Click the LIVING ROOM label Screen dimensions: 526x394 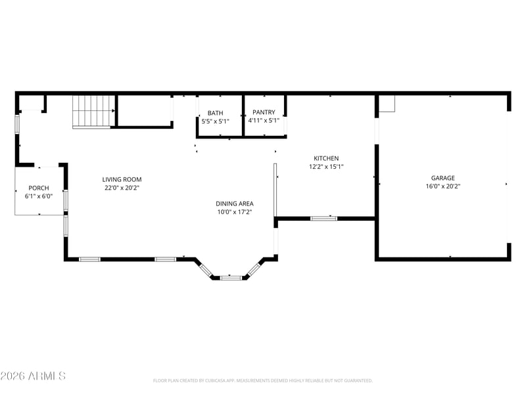[122, 179]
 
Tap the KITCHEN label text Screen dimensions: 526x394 [326, 158]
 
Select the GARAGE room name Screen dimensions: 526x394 [442, 178]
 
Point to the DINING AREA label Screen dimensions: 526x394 [235, 204]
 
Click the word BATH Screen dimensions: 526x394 [216, 113]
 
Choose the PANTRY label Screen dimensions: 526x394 [264, 112]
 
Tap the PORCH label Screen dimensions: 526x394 [39, 188]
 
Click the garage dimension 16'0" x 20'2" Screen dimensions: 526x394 [442, 186]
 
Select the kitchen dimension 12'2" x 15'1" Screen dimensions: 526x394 [326, 167]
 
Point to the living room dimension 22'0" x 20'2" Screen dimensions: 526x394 [122, 188]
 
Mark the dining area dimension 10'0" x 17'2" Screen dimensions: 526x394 [235, 212]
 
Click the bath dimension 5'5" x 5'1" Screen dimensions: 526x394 [216, 121]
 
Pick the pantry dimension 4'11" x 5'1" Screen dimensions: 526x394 [264, 121]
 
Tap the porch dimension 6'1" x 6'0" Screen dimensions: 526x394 [39, 196]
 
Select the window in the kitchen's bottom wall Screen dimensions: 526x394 [323, 219]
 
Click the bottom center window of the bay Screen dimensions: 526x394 [231, 278]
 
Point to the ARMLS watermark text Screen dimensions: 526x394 [33, 376]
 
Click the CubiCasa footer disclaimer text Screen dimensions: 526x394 [262, 381]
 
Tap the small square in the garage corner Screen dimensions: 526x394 [387, 104]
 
